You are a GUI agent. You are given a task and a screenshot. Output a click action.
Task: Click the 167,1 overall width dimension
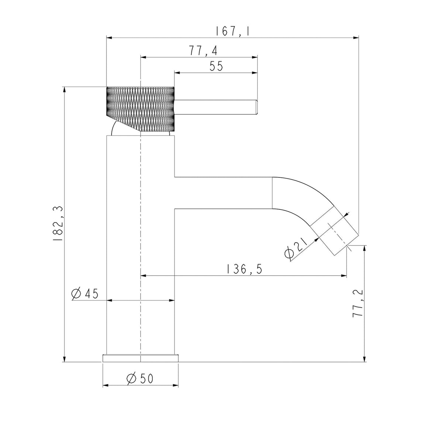[232, 31]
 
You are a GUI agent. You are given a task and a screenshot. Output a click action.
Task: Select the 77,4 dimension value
[204, 51]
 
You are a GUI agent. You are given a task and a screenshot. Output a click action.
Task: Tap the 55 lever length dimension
[216, 66]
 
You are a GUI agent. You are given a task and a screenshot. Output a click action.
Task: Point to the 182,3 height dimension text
[58, 224]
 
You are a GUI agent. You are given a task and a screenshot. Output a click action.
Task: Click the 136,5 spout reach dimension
[244, 269]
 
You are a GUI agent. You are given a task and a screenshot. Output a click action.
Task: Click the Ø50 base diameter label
[140, 379]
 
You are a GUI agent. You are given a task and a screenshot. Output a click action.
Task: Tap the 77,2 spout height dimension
[358, 303]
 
